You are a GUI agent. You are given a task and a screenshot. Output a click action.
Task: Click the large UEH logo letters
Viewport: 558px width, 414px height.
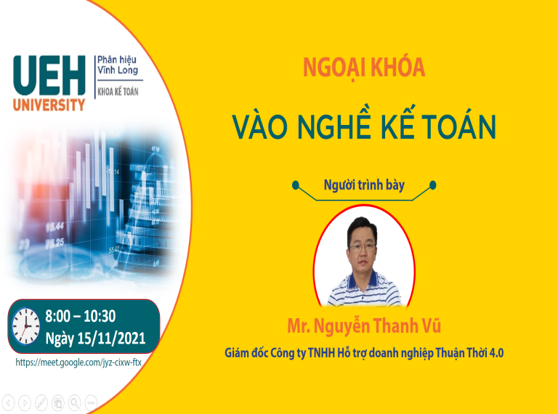coord(49,75)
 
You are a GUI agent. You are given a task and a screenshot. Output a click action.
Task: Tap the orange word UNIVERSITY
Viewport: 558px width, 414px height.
coord(49,105)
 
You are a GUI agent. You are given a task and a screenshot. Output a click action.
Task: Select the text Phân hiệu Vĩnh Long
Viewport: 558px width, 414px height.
coord(118,65)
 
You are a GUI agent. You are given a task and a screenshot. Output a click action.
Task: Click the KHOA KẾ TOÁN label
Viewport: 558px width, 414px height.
coord(118,92)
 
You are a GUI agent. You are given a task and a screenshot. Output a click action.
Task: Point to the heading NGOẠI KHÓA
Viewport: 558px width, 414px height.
coord(364,68)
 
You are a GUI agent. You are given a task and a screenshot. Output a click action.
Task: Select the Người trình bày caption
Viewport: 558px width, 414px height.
coord(364,185)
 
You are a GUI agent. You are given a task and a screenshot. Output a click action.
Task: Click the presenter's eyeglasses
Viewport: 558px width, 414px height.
coord(363,246)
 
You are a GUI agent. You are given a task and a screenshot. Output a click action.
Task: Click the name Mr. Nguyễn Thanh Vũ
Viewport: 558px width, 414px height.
coord(364,326)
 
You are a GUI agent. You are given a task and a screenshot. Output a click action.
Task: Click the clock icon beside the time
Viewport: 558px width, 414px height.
coord(26,326)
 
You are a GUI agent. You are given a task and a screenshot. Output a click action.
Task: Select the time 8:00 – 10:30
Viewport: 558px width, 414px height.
coord(81,316)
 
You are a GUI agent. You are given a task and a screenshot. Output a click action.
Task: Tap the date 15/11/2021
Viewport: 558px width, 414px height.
coord(111,338)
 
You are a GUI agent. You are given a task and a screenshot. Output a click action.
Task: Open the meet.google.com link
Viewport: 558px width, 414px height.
coord(78,362)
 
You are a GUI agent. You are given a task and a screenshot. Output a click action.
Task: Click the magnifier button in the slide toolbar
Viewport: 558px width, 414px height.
coord(74,403)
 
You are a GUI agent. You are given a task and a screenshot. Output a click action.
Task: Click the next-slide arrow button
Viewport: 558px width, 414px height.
coord(25,403)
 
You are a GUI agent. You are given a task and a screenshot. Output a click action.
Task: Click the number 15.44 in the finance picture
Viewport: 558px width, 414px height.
coord(54,227)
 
